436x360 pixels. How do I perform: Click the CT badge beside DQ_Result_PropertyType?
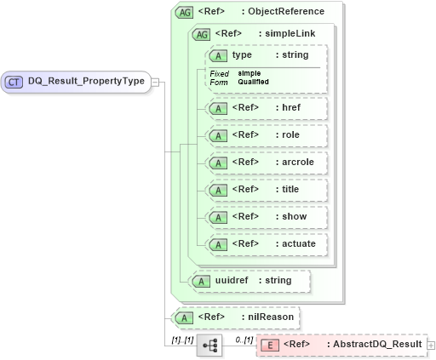(x=14, y=83)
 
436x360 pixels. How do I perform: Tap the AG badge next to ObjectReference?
(x=183, y=12)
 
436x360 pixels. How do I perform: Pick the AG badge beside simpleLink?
(x=202, y=34)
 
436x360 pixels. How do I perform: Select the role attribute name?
(x=290, y=135)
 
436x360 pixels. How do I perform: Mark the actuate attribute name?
(x=299, y=244)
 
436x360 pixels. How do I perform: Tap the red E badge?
(x=268, y=345)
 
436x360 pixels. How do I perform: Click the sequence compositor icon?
(x=209, y=345)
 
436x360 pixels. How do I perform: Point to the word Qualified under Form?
(x=254, y=82)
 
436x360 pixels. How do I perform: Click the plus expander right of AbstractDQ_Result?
(x=431, y=345)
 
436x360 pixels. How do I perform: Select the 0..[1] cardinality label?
(x=243, y=340)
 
